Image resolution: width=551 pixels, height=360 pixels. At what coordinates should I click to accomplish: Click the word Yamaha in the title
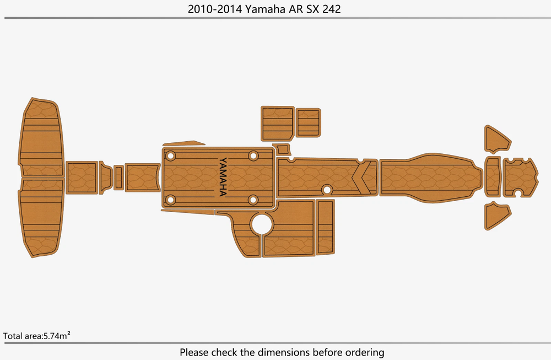pos(265,9)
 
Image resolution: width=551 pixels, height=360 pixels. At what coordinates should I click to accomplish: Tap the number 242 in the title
pos(331,9)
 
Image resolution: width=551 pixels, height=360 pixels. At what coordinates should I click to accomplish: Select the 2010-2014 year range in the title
pos(215,9)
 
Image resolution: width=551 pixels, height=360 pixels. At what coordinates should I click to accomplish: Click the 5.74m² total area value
pos(57,336)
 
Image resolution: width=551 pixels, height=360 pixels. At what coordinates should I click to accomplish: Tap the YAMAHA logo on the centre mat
pos(223,177)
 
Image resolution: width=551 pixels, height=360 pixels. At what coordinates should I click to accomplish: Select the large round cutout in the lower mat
pos(262,224)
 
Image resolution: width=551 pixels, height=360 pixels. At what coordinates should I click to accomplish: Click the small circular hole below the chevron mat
pos(327,190)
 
